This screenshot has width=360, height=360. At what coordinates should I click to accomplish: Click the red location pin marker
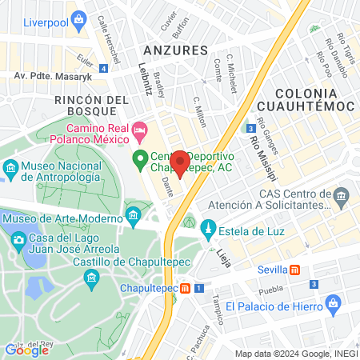tap(180, 162)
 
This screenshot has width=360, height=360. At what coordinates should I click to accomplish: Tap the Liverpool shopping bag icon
tap(78, 18)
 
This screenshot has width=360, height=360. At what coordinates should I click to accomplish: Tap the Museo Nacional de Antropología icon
tap(11, 168)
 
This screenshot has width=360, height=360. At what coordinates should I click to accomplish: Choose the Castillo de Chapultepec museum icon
tap(90, 277)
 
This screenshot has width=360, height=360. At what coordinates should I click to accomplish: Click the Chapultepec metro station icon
tap(185, 288)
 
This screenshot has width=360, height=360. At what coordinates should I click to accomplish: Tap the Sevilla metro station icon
tap(295, 270)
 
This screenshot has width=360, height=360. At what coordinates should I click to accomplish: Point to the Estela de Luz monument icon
tap(207, 230)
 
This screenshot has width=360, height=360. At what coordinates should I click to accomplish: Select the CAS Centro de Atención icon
tap(342, 196)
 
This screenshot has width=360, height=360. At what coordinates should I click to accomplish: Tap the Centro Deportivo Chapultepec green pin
tap(138, 157)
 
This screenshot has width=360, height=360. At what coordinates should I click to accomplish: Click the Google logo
tap(26, 349)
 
